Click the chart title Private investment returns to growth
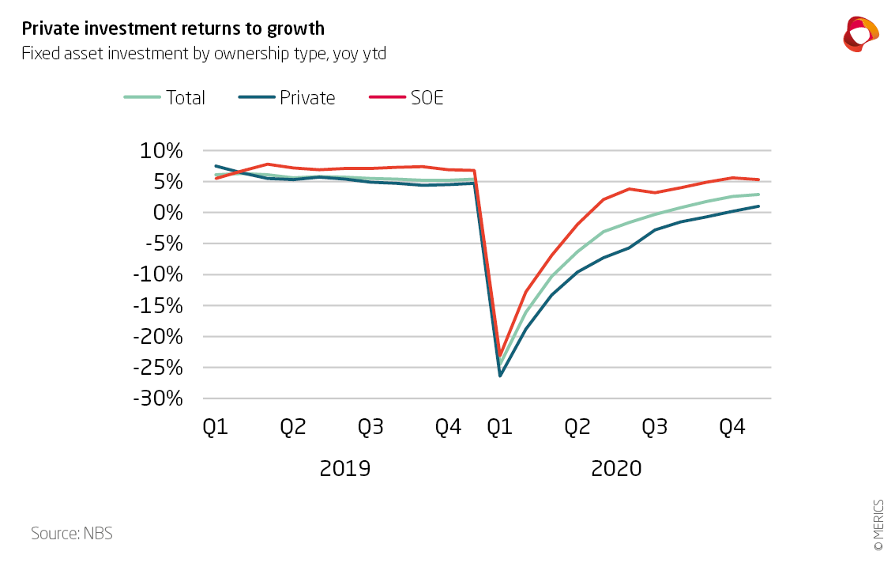click(x=173, y=28)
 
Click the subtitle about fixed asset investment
click(x=203, y=54)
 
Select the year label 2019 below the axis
click(x=344, y=468)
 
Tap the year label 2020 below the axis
click(x=616, y=468)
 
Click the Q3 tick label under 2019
click(x=371, y=428)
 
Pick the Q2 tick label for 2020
click(x=577, y=428)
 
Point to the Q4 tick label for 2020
click(x=732, y=428)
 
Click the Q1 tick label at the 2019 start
click(x=216, y=428)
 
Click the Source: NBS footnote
click(x=72, y=533)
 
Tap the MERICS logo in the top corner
click(x=860, y=34)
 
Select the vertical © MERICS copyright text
click(x=878, y=523)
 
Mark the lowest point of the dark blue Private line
click(x=500, y=375)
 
